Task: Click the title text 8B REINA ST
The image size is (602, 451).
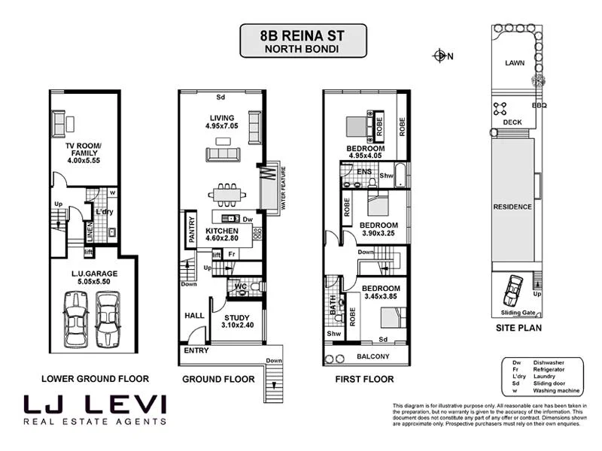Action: point(303,35)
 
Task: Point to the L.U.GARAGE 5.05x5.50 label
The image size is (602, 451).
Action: point(90,276)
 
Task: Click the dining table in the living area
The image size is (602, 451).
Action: point(225,194)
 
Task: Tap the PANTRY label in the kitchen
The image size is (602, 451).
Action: point(192,231)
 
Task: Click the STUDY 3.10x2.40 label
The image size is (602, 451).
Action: point(237,322)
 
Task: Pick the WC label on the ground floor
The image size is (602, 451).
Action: point(241,286)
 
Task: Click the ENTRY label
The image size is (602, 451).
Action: point(197,351)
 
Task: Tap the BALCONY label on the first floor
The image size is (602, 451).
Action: point(372,356)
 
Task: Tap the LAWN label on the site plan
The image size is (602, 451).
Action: point(516,64)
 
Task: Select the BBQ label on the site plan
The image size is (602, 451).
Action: point(539,106)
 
